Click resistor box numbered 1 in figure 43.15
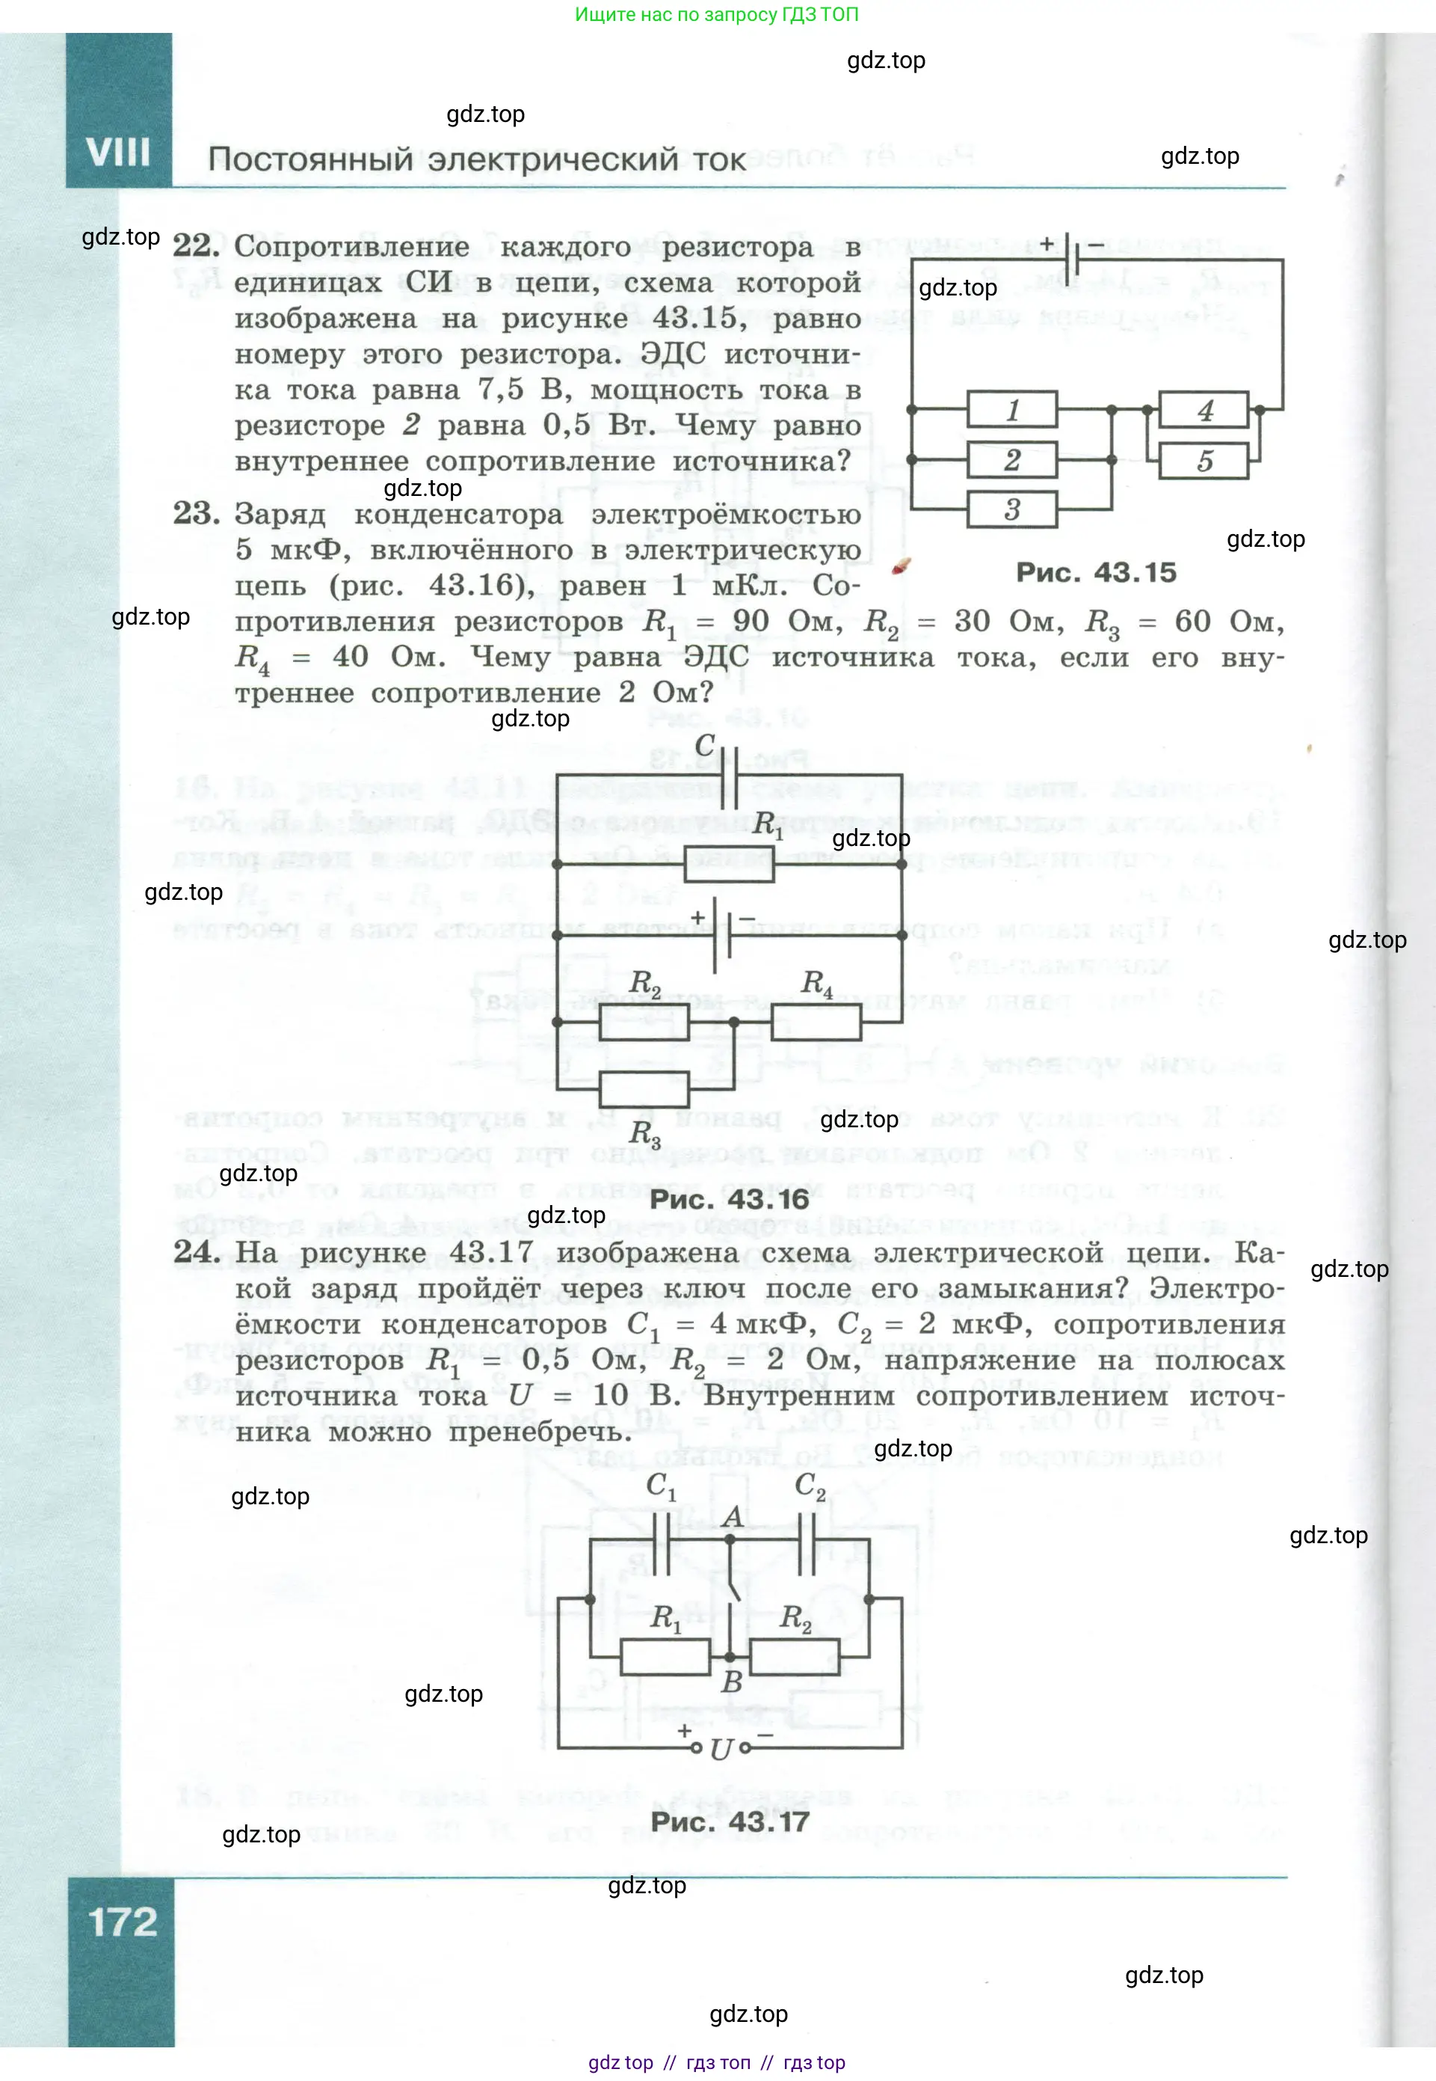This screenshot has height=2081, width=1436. [x=1011, y=409]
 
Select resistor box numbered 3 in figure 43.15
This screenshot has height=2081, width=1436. [x=1011, y=509]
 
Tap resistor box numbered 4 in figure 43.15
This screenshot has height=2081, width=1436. [x=1204, y=409]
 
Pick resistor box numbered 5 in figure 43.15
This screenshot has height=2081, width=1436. [x=1204, y=461]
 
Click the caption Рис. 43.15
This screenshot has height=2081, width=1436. [x=1095, y=572]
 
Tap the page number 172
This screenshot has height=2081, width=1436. [x=123, y=1922]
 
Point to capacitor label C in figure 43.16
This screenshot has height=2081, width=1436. [x=704, y=745]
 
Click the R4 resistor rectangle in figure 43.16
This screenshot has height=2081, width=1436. [x=816, y=1022]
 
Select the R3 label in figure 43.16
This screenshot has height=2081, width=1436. [x=644, y=1133]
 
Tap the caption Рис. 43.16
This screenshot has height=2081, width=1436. [x=729, y=1199]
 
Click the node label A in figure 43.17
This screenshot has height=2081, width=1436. [x=733, y=1518]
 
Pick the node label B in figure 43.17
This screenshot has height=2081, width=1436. [x=732, y=1682]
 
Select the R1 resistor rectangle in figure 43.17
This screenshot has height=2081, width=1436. [x=665, y=1656]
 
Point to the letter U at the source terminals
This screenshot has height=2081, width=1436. [x=721, y=1750]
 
